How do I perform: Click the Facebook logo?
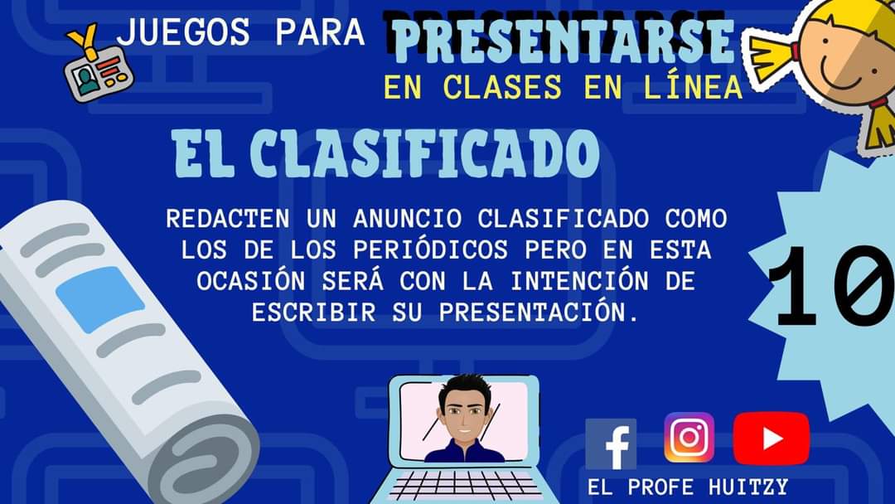click(611, 444)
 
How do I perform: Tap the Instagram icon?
click(689, 437)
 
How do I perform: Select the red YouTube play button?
click(772, 439)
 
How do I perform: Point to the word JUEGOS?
click(183, 31)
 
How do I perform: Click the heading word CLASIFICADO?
click(424, 153)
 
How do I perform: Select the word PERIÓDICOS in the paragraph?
click(430, 250)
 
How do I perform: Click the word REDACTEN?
click(228, 219)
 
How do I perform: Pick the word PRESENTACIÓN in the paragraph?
click(539, 313)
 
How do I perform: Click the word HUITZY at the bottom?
click(747, 487)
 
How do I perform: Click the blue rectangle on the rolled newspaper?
click(100, 299)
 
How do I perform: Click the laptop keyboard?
click(463, 485)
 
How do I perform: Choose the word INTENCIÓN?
click(579, 281)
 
